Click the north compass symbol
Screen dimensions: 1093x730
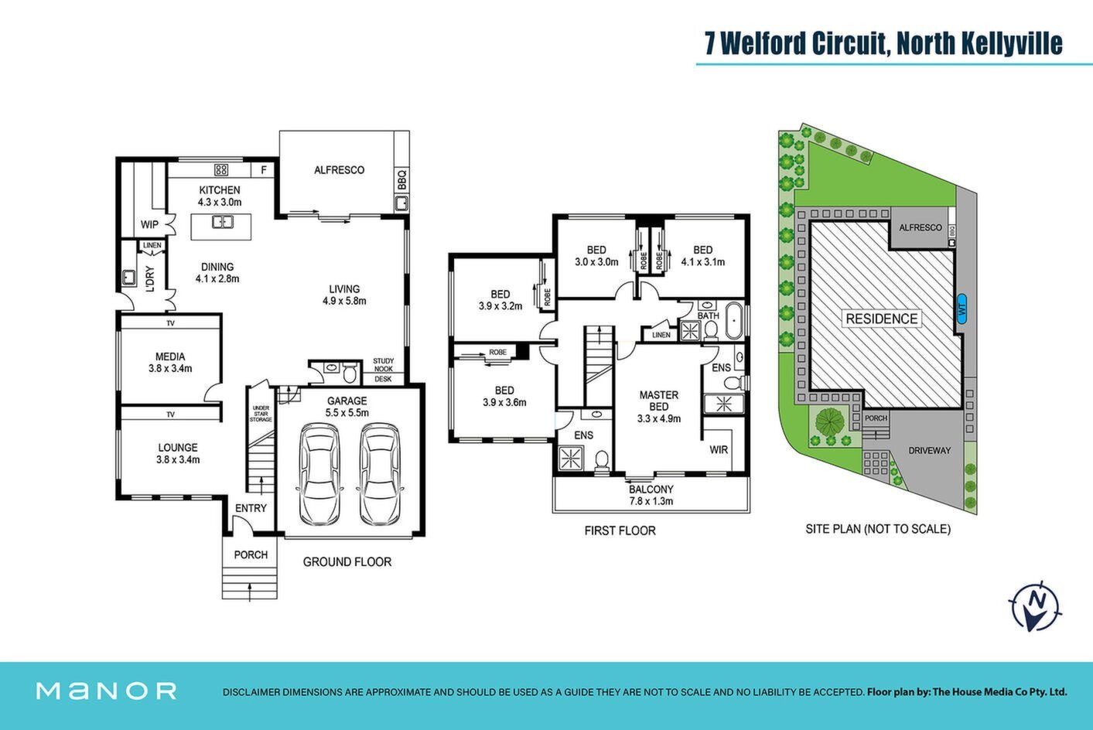pyautogui.click(x=1034, y=607)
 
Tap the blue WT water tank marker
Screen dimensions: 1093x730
pyautogui.click(x=961, y=309)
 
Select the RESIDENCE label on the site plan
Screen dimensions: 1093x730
pyautogui.click(x=881, y=319)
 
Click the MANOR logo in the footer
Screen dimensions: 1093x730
pyautogui.click(x=106, y=691)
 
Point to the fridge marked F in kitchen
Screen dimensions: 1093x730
pyautogui.click(x=264, y=169)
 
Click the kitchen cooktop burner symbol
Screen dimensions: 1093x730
pyautogui.click(x=221, y=169)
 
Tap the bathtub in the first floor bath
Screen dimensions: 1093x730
pyautogui.click(x=733, y=321)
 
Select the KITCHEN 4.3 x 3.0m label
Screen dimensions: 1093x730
pyautogui.click(x=220, y=196)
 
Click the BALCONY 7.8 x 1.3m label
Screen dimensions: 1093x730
pyautogui.click(x=651, y=495)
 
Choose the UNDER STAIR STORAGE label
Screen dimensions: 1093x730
pyautogui.click(x=261, y=414)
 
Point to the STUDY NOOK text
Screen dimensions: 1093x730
pyautogui.click(x=383, y=365)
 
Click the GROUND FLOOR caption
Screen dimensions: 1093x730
pyautogui.click(x=347, y=561)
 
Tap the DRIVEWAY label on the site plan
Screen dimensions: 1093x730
pyautogui.click(x=930, y=451)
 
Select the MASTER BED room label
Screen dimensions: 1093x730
pyautogui.click(x=659, y=401)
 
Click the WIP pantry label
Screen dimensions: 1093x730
pyautogui.click(x=149, y=224)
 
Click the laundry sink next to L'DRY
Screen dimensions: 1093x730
pyautogui.click(x=129, y=278)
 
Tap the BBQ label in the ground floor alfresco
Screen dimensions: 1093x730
pyautogui.click(x=401, y=180)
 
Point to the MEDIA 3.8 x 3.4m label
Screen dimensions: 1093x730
pyautogui.click(x=170, y=363)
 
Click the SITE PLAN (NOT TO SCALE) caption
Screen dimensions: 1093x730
pyautogui.click(x=878, y=529)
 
